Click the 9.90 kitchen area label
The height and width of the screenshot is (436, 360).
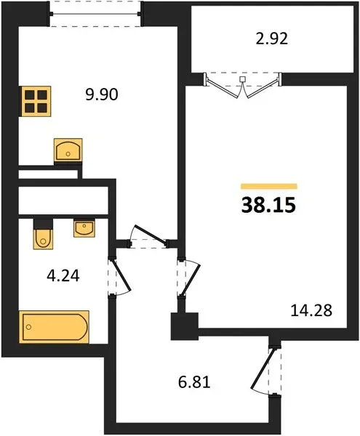(102, 94)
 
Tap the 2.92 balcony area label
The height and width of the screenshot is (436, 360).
(271, 39)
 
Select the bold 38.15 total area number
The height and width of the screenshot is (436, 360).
(268, 205)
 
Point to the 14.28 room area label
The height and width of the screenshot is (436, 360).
(311, 310)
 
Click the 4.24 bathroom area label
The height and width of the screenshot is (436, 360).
(63, 276)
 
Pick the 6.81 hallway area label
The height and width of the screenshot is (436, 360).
(194, 382)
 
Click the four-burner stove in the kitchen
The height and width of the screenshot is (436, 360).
(35, 101)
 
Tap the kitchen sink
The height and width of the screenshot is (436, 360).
(68, 150)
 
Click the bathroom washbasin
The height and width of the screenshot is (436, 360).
(84, 229)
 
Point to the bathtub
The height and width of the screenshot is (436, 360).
(55, 327)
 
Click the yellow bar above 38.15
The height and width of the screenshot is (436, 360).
(269, 186)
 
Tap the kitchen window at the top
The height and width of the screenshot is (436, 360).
(95, 14)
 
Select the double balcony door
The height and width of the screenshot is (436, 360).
(243, 85)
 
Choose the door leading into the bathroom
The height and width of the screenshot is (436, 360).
(119, 277)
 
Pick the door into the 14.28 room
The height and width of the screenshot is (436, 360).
(188, 278)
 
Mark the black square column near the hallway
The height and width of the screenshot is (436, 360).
(185, 326)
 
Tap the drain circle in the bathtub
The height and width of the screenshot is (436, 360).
(28, 327)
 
